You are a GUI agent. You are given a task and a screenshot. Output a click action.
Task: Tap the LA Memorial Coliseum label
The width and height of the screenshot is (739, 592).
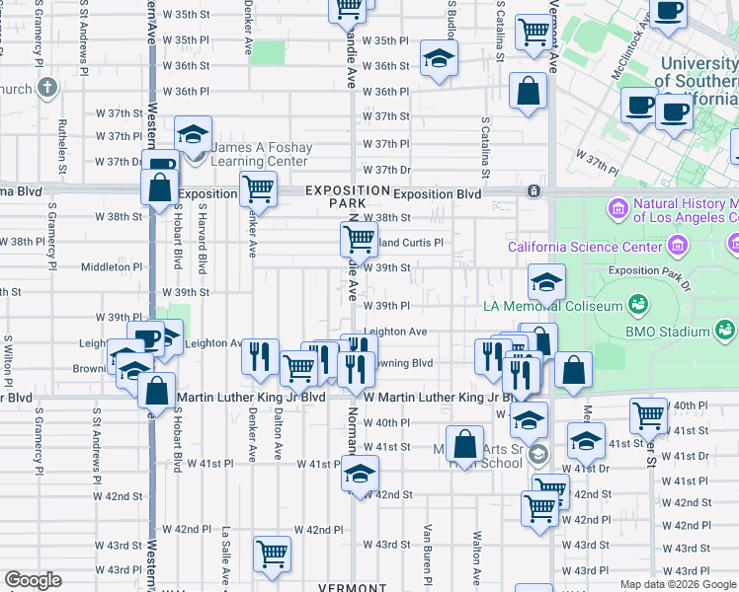pyautogui.click(x=552, y=306)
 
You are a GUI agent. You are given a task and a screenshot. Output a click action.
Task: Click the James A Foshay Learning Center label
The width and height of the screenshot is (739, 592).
pyautogui.click(x=261, y=154)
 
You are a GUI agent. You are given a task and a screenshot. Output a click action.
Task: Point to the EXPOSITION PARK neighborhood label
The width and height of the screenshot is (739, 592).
pyautogui.click(x=347, y=195)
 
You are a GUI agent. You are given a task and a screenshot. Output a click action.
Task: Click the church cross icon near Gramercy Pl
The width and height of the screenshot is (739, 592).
pyautogui.click(x=46, y=88)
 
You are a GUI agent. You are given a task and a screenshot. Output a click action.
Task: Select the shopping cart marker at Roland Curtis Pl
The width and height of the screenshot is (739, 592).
pyautogui.click(x=359, y=237)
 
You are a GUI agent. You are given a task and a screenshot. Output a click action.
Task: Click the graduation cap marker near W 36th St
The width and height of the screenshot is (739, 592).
pyautogui.click(x=439, y=57)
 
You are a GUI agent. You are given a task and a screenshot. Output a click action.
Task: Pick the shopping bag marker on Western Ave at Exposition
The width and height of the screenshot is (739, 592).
pyautogui.click(x=159, y=186)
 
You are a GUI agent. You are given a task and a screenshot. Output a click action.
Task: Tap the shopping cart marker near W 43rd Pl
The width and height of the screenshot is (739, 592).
pyautogui.click(x=272, y=553)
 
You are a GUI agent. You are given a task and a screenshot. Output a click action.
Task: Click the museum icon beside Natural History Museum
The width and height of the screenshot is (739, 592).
pyautogui.click(x=619, y=208)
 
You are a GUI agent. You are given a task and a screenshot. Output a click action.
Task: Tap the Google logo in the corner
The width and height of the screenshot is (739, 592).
pyautogui.click(x=33, y=580)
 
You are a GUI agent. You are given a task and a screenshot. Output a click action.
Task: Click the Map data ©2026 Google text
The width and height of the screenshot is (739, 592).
pyautogui.click(x=678, y=584)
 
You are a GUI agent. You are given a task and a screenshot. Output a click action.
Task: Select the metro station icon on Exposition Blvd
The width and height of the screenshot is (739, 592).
pyautogui.click(x=534, y=191)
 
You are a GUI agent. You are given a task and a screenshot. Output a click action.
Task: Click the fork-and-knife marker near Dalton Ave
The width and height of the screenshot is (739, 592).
pyautogui.click(x=260, y=355)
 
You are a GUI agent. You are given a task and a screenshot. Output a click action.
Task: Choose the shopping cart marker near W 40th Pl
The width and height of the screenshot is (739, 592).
pyautogui.click(x=648, y=414)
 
